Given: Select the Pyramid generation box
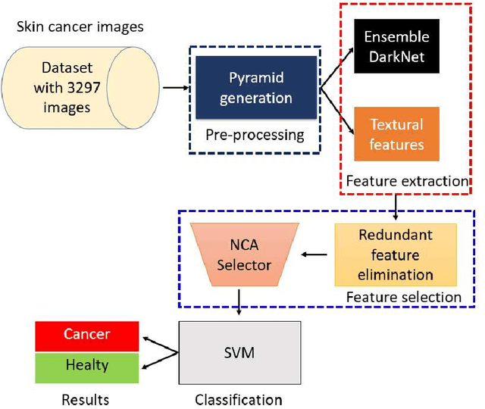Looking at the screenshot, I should coord(255,89).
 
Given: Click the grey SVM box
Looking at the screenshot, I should coord(239,354).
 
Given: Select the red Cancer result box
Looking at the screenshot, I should coord(86,335).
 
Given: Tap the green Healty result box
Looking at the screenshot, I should coord(86,365).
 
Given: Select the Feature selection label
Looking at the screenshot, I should coord(403,297).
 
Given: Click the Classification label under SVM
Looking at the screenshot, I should coord(239,399).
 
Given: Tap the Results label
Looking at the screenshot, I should coord(86,399).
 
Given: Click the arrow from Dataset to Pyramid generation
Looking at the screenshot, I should coord(176,89).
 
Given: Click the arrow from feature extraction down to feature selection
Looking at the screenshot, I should coord(396,205).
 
